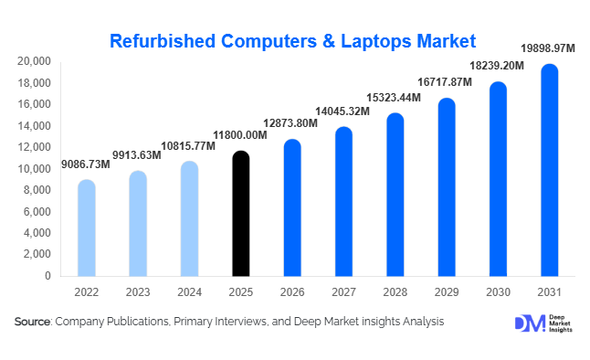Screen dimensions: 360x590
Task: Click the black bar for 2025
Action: (240, 215)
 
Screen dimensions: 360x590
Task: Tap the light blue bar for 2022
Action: (86, 228)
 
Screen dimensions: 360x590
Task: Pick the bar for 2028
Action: (395, 196)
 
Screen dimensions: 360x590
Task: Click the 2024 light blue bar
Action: (189, 219)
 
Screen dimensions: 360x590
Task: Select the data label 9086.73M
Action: (85, 164)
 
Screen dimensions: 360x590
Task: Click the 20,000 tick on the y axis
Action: (34, 61)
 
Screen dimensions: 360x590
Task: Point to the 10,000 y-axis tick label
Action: (34, 169)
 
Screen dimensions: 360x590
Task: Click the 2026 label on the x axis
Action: (291, 293)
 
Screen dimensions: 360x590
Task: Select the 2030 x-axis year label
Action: (498, 293)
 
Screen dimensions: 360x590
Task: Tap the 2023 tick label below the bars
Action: (137, 293)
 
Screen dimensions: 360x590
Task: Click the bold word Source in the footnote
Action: (33, 323)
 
